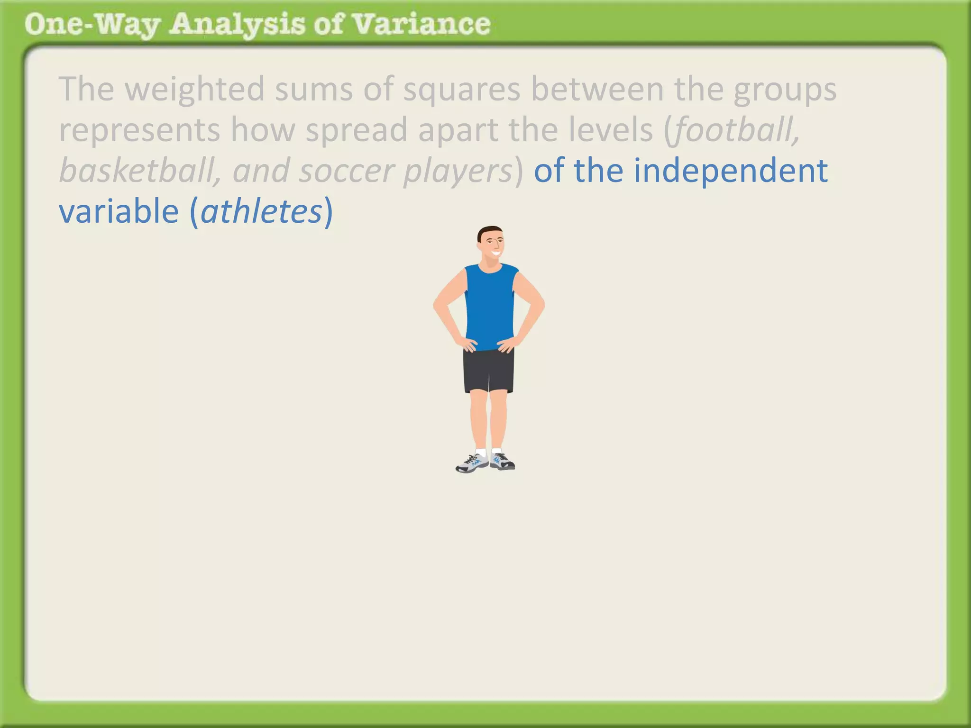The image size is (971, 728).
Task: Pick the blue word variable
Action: (119, 211)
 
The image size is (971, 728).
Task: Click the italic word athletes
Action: (261, 211)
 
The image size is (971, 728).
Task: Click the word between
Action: (597, 90)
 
